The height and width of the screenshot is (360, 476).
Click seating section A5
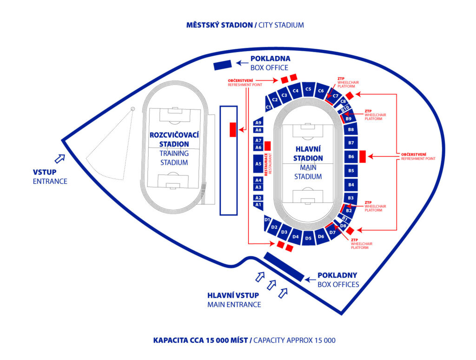point(258,164)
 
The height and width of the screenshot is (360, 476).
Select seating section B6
point(351,157)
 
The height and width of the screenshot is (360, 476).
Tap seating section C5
point(308,88)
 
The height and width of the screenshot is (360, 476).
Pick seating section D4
point(296,237)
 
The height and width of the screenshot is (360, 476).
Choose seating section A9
point(258,122)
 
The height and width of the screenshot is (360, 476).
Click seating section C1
point(268,107)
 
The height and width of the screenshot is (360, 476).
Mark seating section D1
point(267,220)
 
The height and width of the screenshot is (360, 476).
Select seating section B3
point(351,198)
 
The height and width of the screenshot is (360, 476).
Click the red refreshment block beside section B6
point(363,157)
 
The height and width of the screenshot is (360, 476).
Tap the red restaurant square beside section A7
point(267,144)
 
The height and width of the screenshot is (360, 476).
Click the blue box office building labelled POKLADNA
point(222,66)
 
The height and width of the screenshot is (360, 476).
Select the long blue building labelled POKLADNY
point(284,267)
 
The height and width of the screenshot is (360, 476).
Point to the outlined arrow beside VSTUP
point(59,159)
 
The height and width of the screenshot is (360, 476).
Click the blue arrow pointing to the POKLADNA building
point(241,63)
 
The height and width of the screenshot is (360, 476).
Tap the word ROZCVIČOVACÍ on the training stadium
point(174,135)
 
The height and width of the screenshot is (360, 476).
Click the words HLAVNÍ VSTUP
point(233,295)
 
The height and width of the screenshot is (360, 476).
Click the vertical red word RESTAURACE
point(266,164)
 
